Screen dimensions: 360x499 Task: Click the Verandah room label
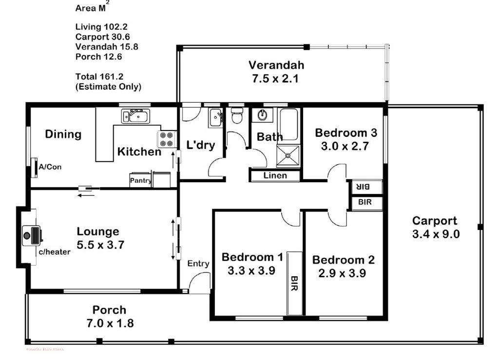click(276, 65)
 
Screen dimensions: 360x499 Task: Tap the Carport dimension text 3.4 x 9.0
click(436, 234)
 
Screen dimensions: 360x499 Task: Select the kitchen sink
click(136, 116)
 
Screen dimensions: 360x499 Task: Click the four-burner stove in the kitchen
click(166, 140)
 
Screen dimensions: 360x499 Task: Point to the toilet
click(237, 116)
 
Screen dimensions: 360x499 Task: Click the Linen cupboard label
click(275, 175)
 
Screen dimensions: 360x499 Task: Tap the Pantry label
click(140, 180)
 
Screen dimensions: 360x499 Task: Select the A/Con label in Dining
click(50, 167)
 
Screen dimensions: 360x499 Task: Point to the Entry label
click(198, 264)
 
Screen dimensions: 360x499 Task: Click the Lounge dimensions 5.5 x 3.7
click(100, 245)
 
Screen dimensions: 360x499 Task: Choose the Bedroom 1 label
click(252, 257)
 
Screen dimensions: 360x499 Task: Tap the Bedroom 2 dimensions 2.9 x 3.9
click(342, 273)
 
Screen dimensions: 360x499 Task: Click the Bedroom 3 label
click(345, 133)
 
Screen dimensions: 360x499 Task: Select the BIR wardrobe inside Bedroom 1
click(294, 283)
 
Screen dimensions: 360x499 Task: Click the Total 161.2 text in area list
click(99, 76)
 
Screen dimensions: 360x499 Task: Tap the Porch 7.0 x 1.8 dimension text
click(110, 322)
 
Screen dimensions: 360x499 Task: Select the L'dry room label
click(201, 145)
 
